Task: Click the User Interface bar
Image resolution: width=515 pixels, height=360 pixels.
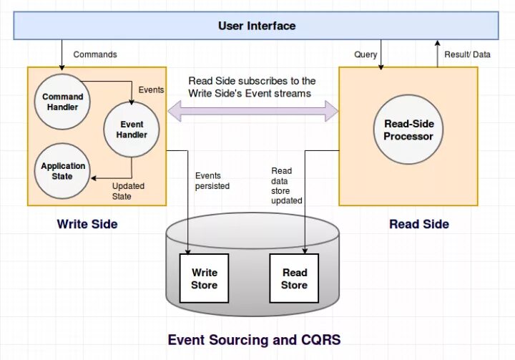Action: tap(257, 26)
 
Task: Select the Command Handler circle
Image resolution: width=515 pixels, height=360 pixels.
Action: tap(62, 102)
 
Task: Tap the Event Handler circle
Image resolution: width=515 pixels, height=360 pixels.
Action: tap(132, 130)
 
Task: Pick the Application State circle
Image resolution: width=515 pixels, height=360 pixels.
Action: tap(62, 171)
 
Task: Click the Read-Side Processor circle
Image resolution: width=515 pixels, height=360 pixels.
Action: tap(408, 130)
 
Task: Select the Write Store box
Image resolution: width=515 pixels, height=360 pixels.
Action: tap(204, 278)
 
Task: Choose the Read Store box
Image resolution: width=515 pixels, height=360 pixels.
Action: tap(294, 278)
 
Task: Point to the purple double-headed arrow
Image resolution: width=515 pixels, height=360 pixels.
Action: tap(252, 111)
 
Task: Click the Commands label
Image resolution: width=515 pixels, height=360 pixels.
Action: tap(95, 54)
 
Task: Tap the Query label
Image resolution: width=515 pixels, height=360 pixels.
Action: tap(366, 54)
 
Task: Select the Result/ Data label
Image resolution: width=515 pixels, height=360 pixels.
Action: tap(467, 54)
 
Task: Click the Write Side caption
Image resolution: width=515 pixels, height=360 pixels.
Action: tap(87, 224)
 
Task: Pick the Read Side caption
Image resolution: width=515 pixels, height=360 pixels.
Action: tap(419, 224)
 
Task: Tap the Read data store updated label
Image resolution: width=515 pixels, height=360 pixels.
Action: tap(286, 185)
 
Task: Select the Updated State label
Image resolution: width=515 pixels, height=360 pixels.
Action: tap(128, 191)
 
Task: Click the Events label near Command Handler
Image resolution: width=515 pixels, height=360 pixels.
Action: tap(151, 90)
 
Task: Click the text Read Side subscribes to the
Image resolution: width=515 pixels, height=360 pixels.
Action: tap(252, 81)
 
